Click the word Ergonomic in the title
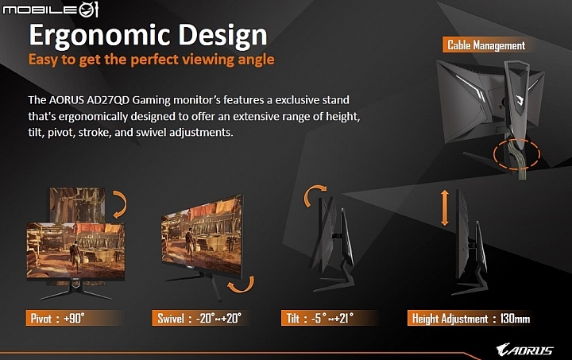[x=99, y=36]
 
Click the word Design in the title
[x=222, y=35]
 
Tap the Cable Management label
[x=486, y=45]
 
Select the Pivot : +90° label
[x=58, y=318]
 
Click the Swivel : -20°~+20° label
[x=199, y=318]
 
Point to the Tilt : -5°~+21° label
[x=320, y=318]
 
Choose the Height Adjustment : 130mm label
[x=470, y=319]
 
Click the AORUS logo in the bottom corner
[x=525, y=350]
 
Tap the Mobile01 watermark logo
[x=51, y=9]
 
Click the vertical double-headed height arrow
[x=444, y=207]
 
